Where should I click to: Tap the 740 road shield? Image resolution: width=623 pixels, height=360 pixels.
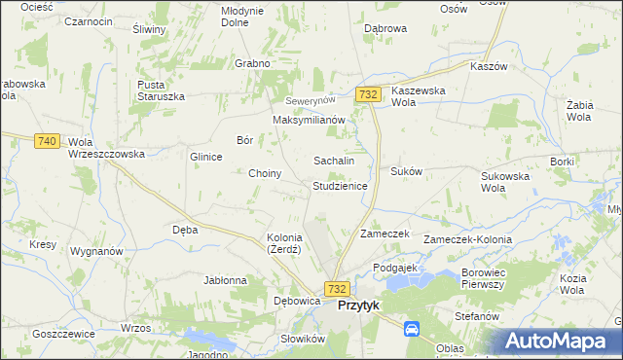(46, 141)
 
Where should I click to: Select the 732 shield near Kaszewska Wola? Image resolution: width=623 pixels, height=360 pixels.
(368, 94)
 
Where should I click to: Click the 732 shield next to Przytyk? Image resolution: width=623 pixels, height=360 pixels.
(337, 289)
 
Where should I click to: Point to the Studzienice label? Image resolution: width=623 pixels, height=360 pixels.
(340, 185)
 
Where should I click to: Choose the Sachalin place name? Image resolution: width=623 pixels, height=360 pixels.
(333, 160)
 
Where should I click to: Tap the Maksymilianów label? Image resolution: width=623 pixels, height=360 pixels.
(310, 120)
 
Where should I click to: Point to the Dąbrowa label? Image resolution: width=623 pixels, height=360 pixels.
(385, 29)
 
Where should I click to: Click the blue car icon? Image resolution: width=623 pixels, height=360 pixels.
(412, 329)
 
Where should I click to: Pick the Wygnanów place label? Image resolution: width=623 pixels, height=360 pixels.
(96, 251)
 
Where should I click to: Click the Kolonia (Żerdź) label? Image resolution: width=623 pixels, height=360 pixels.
(284, 243)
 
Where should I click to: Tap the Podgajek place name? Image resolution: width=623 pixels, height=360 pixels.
(395, 267)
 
